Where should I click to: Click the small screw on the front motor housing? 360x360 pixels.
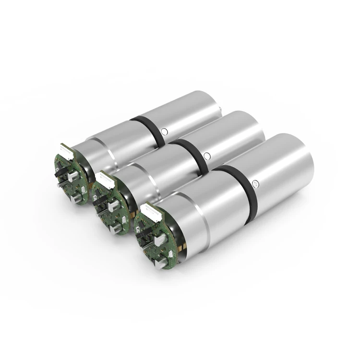tap(255, 182)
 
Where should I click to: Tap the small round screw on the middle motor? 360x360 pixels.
tap(207, 156)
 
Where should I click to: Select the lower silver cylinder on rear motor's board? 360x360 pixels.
tap(77, 198)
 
